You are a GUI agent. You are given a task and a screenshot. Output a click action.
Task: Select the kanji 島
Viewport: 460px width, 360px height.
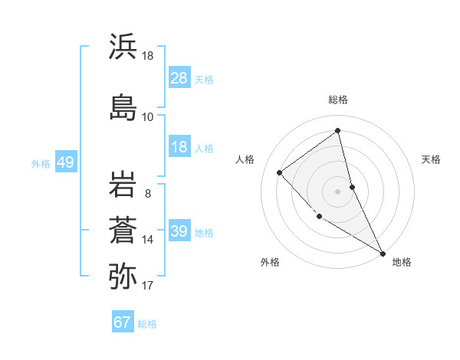click(x=123, y=105)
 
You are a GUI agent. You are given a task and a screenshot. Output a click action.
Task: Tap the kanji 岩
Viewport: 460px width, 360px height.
click(x=123, y=185)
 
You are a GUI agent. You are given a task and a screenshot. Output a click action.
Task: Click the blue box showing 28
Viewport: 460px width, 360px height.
click(x=179, y=78)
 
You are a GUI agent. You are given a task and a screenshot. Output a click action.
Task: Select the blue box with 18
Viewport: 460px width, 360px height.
click(x=179, y=147)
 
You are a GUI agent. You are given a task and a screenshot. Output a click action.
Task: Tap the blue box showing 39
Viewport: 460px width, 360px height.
click(x=179, y=231)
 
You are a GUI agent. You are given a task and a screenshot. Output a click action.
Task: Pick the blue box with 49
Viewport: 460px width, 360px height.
click(x=65, y=162)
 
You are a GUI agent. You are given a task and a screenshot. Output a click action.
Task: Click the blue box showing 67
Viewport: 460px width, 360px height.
click(x=123, y=322)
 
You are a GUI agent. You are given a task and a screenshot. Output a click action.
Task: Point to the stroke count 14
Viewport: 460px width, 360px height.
click(x=148, y=240)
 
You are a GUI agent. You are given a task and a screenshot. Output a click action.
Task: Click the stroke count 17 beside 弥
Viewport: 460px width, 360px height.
click(x=148, y=286)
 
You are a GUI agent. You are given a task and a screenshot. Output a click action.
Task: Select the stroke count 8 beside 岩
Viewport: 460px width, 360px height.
click(x=147, y=194)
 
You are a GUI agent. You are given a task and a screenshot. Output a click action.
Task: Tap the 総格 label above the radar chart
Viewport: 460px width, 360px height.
click(x=338, y=100)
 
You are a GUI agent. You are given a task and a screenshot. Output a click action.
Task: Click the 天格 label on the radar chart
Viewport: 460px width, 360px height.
click(x=431, y=159)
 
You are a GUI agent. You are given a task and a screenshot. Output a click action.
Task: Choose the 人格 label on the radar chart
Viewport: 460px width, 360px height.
click(x=245, y=159)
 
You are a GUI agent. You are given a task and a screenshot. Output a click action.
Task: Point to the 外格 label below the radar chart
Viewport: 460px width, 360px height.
click(x=270, y=262)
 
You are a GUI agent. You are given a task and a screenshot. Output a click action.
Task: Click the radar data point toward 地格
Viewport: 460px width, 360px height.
click(x=383, y=253)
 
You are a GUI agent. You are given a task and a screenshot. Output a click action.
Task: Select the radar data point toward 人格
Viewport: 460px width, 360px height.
click(x=280, y=172)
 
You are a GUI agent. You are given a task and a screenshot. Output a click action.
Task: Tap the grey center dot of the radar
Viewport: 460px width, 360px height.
click(x=338, y=191)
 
